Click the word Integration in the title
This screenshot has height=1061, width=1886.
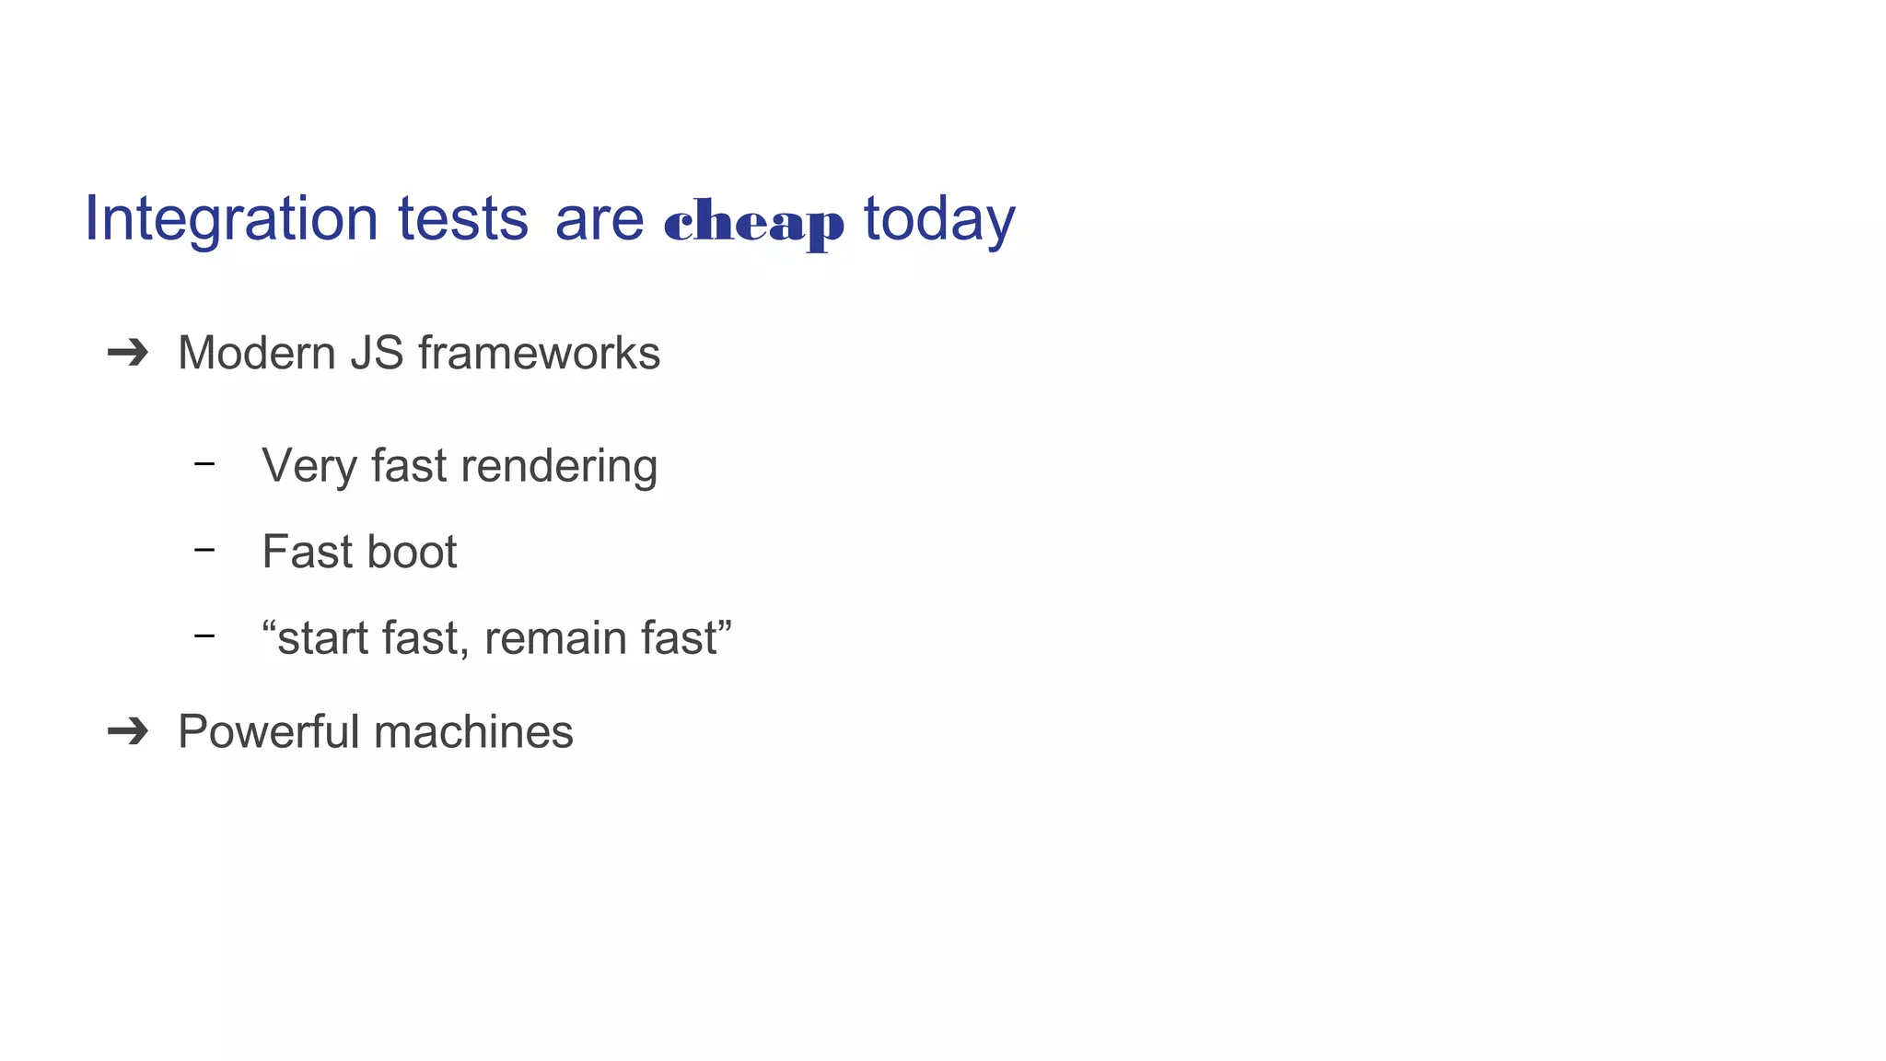230,219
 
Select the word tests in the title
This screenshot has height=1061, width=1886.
462,219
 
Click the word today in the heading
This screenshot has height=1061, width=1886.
938,219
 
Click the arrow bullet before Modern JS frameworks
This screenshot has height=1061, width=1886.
128,353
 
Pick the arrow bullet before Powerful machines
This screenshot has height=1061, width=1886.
128,731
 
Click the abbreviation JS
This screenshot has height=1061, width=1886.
377,353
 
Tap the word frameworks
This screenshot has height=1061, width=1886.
539,353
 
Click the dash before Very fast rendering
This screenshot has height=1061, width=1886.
204,464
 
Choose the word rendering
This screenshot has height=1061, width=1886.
559,466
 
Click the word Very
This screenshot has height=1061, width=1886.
309,466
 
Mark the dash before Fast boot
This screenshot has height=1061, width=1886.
204,551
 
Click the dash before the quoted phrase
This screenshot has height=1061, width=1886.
204,636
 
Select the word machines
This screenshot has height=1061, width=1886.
473,731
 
